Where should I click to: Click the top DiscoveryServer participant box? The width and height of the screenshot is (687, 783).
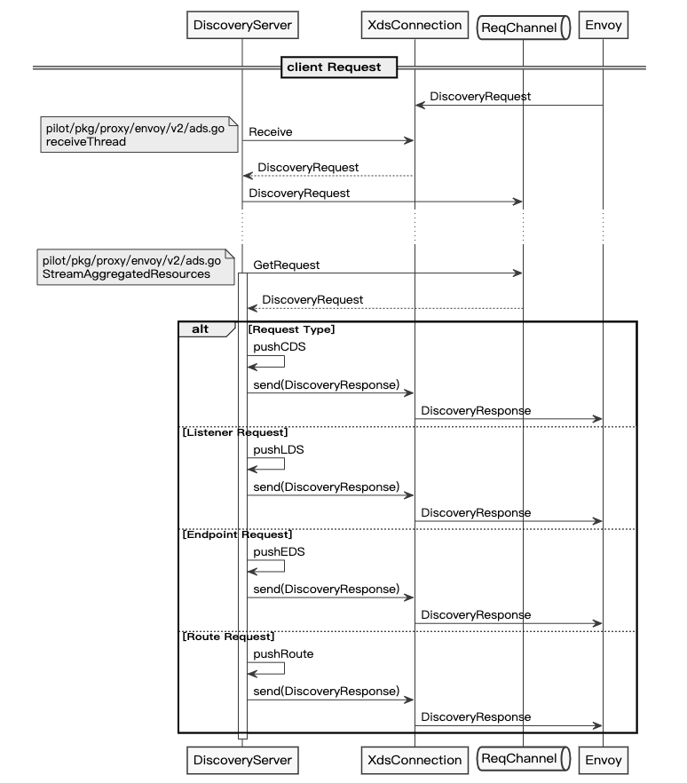(x=242, y=25)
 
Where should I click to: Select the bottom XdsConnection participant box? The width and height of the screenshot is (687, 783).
(x=415, y=760)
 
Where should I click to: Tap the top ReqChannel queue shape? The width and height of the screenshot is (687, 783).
(x=524, y=28)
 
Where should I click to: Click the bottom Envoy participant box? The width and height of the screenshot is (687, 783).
(x=604, y=760)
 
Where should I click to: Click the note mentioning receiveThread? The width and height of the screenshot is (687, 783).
(x=139, y=134)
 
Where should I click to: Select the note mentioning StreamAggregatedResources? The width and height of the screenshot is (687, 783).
(x=136, y=267)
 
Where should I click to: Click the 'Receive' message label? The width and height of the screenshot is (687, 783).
(x=271, y=131)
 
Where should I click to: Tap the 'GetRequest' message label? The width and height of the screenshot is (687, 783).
(x=286, y=265)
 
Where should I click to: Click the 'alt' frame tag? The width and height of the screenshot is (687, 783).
(x=201, y=329)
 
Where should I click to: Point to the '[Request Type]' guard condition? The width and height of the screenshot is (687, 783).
(x=291, y=329)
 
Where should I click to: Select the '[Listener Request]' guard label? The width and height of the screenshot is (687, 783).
(x=235, y=432)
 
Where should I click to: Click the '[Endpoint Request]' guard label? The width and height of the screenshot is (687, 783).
(x=237, y=534)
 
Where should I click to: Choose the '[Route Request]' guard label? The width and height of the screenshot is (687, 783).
(x=228, y=637)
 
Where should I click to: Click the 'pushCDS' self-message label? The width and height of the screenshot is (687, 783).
(x=279, y=346)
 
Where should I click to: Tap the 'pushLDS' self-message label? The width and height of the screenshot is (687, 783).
(x=279, y=449)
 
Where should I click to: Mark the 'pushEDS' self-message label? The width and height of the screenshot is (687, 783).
(x=279, y=552)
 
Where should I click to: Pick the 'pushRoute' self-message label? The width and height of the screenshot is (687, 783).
(x=283, y=654)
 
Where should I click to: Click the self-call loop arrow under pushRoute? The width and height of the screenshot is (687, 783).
(x=284, y=668)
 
